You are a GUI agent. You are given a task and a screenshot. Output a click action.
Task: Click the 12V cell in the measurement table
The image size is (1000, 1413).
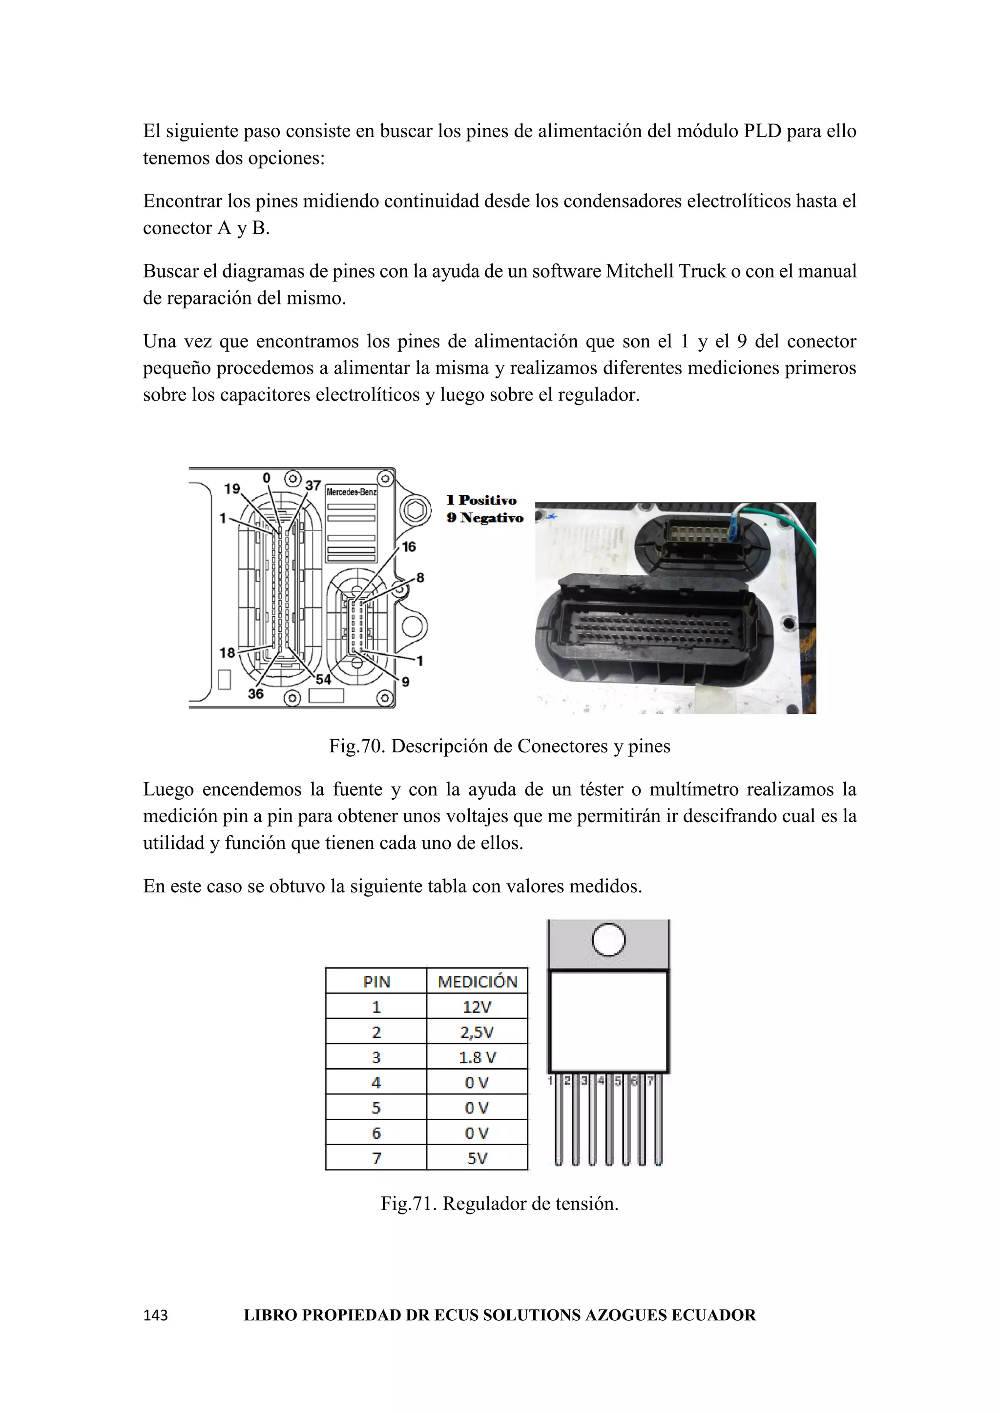(477, 1007)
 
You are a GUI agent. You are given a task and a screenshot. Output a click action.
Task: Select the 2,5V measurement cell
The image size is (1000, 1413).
(477, 1032)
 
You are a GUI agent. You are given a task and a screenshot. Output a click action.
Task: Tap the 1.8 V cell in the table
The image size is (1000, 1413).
(477, 1057)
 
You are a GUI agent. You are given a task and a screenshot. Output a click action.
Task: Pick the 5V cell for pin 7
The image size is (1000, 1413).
(477, 1158)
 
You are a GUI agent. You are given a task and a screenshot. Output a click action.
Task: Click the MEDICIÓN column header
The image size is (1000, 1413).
(477, 982)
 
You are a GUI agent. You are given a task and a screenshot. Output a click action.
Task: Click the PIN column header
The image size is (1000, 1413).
(376, 982)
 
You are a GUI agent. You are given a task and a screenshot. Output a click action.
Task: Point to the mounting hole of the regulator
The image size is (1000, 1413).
(608, 940)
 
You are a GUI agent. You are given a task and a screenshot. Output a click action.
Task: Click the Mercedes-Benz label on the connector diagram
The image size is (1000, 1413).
(351, 492)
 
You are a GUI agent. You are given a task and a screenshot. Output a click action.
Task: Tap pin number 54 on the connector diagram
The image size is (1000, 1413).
(323, 680)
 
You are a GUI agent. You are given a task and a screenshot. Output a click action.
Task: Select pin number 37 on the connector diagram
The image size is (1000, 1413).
(313, 485)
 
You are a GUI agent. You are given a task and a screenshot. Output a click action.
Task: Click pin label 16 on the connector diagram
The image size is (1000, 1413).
(409, 546)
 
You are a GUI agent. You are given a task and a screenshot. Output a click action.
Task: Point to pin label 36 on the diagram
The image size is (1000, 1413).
(255, 694)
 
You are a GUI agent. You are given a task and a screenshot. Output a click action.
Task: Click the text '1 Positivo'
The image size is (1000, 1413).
(481, 500)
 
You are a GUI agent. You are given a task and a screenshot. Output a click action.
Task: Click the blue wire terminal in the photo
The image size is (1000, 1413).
(735, 528)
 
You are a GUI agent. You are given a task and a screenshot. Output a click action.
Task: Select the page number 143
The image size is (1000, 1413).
(155, 1315)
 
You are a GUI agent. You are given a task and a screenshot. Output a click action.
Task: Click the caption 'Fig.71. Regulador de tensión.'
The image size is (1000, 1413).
(500, 1203)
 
